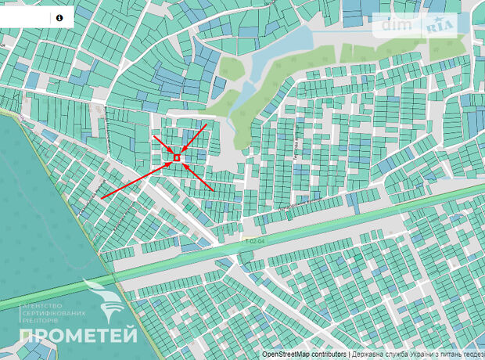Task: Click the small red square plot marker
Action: tap(178, 158)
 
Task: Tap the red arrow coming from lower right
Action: tap(199, 179)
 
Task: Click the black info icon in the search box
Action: tap(59, 16)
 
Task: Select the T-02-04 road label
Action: tap(250, 241)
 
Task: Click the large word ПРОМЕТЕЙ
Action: tap(78, 337)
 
